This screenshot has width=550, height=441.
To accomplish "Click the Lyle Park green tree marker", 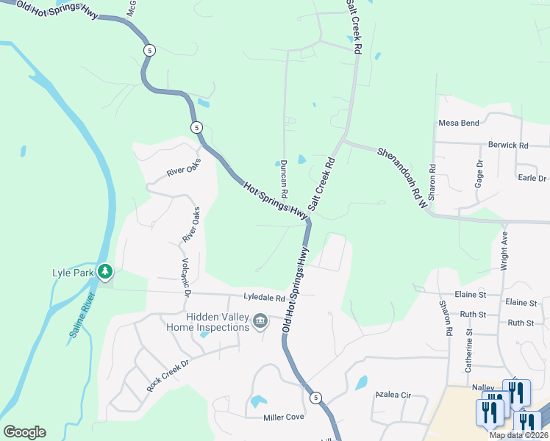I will coord(104,272).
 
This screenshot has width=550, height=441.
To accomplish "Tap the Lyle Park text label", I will coord(73,273).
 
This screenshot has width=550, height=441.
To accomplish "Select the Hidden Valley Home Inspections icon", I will coord(260,321).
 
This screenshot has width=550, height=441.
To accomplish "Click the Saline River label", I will coord(83,316).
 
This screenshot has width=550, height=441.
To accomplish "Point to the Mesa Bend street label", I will coord(459,123).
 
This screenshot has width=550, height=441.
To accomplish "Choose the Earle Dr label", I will coord(532,178).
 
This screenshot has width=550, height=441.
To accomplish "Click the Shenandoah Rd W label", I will coord(402,177).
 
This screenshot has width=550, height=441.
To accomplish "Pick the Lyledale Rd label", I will coord(264,298).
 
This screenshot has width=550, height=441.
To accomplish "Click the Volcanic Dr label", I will coord(187,279).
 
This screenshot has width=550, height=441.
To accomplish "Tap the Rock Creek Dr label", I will coord(168,375).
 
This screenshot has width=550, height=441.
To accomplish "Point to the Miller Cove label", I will coord(284,417).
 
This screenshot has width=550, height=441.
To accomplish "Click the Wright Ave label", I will coord(504,253).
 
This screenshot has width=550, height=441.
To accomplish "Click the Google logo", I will coord(24,432).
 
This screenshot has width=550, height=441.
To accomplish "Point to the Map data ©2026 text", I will coord(518,435).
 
